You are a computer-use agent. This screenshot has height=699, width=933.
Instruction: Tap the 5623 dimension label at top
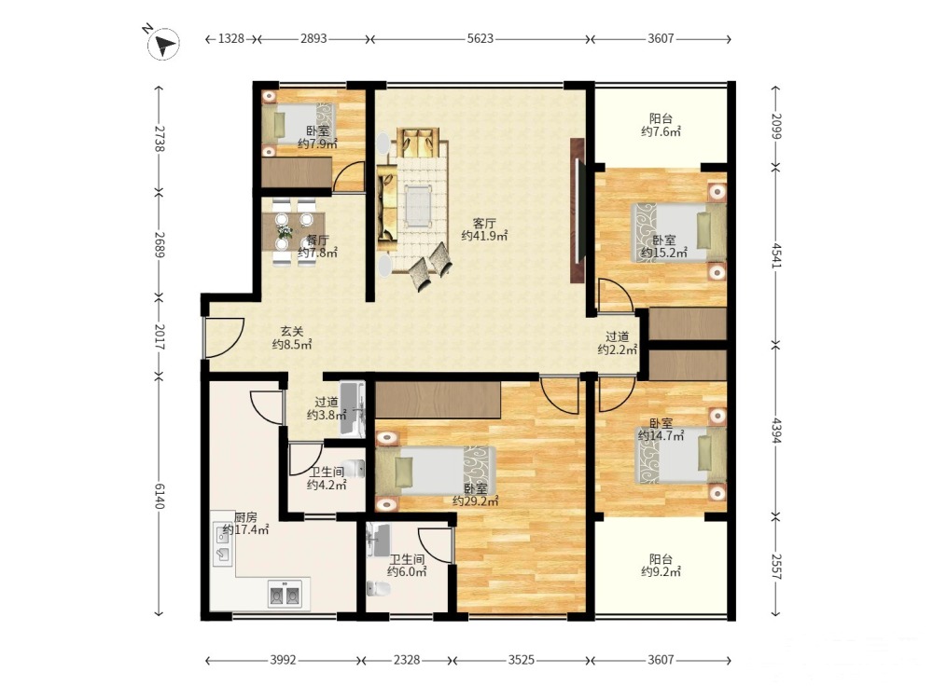pos(480,39)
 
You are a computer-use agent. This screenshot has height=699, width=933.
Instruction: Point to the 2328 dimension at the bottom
pos(407,660)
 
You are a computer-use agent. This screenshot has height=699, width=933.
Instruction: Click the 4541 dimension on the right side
pos(776,255)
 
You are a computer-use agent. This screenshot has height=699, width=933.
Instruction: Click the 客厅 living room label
pos(484,224)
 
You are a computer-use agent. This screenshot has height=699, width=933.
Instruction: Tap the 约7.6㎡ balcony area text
pos(661,132)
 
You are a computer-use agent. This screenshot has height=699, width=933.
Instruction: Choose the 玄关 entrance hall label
pos(292,332)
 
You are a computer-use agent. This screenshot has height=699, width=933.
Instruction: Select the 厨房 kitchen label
pos(245,516)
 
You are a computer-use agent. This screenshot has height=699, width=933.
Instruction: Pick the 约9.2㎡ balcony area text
pos(661,572)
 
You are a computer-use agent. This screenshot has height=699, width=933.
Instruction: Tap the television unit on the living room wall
pos(578,211)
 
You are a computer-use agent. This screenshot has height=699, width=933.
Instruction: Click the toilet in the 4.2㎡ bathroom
pos(355,469)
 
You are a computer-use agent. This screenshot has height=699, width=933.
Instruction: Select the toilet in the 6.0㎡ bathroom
pos(379,589)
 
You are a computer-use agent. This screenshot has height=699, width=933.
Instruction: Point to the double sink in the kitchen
pos(285,595)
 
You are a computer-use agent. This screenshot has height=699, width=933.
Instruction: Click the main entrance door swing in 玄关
pos(224,337)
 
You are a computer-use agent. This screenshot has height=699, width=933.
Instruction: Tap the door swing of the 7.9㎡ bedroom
pos(350,176)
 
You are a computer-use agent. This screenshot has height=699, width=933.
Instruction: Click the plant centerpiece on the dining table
pos(285,231)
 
